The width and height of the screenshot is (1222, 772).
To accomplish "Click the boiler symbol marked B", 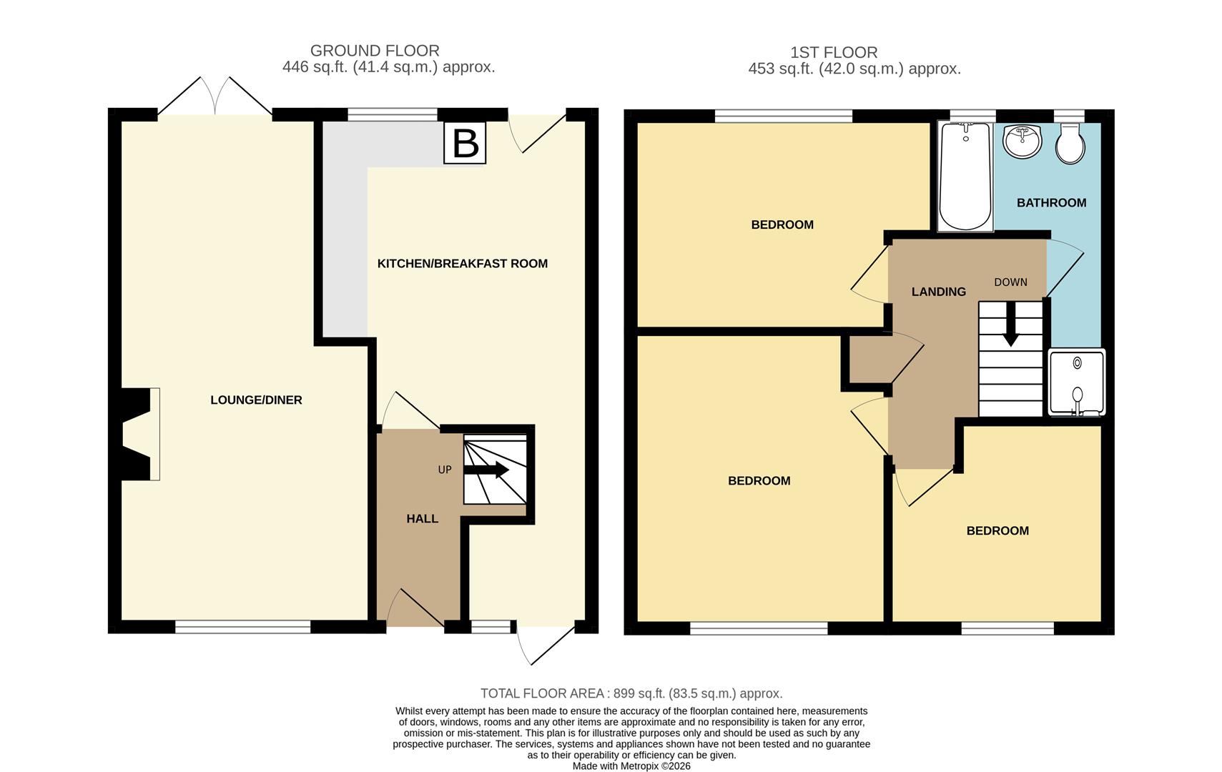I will [x=465, y=143].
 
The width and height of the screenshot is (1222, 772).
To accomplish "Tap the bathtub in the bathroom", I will [x=965, y=177].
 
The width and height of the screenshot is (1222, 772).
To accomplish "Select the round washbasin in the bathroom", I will [x=1023, y=142].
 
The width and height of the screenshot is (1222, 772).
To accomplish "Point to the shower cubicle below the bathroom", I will [x=1076, y=382].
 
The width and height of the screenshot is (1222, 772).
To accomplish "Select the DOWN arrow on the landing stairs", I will [x=1010, y=325].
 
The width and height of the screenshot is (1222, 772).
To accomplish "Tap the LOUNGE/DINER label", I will [x=256, y=400].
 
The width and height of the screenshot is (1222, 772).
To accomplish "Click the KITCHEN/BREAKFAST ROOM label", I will [x=462, y=264].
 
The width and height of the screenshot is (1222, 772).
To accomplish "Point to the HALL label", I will [x=422, y=519].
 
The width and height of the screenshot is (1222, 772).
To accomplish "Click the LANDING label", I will [x=938, y=292].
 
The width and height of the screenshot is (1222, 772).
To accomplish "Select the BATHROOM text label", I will [x=1051, y=203].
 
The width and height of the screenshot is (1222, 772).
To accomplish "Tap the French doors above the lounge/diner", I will [x=215, y=96].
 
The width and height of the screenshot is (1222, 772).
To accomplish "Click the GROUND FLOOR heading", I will [x=375, y=51].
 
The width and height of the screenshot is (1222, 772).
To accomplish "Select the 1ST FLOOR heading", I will [x=834, y=52].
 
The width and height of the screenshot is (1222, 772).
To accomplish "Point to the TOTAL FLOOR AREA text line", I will [x=631, y=693].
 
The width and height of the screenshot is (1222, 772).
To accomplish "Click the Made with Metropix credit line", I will [x=631, y=766].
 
